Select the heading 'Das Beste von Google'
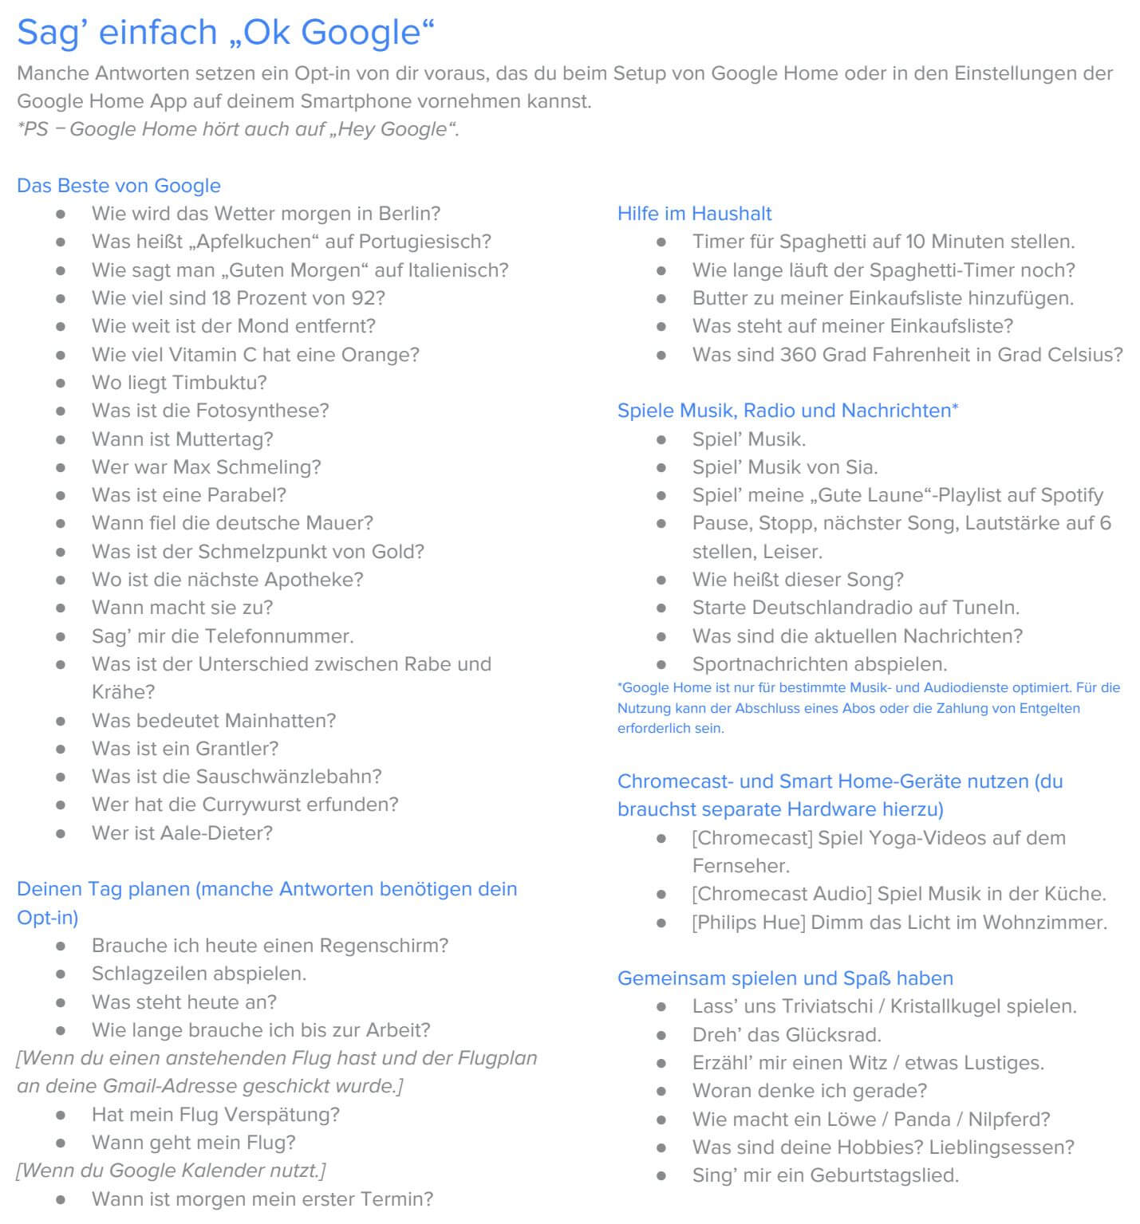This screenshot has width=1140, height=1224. (119, 186)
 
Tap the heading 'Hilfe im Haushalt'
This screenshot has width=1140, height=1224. (694, 214)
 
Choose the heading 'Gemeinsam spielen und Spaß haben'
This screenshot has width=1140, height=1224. (785, 978)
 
